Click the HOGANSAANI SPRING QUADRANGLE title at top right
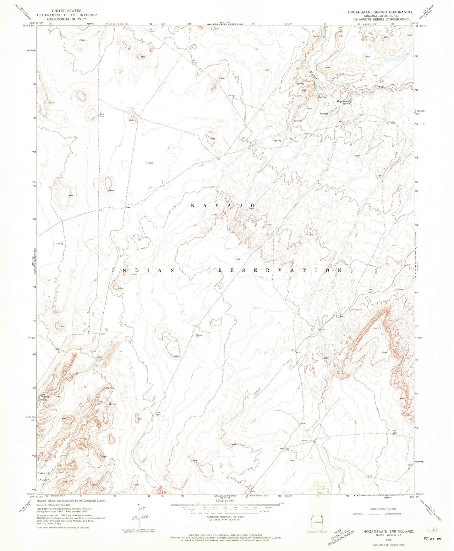(380, 12)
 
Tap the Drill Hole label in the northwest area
(102, 115)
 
